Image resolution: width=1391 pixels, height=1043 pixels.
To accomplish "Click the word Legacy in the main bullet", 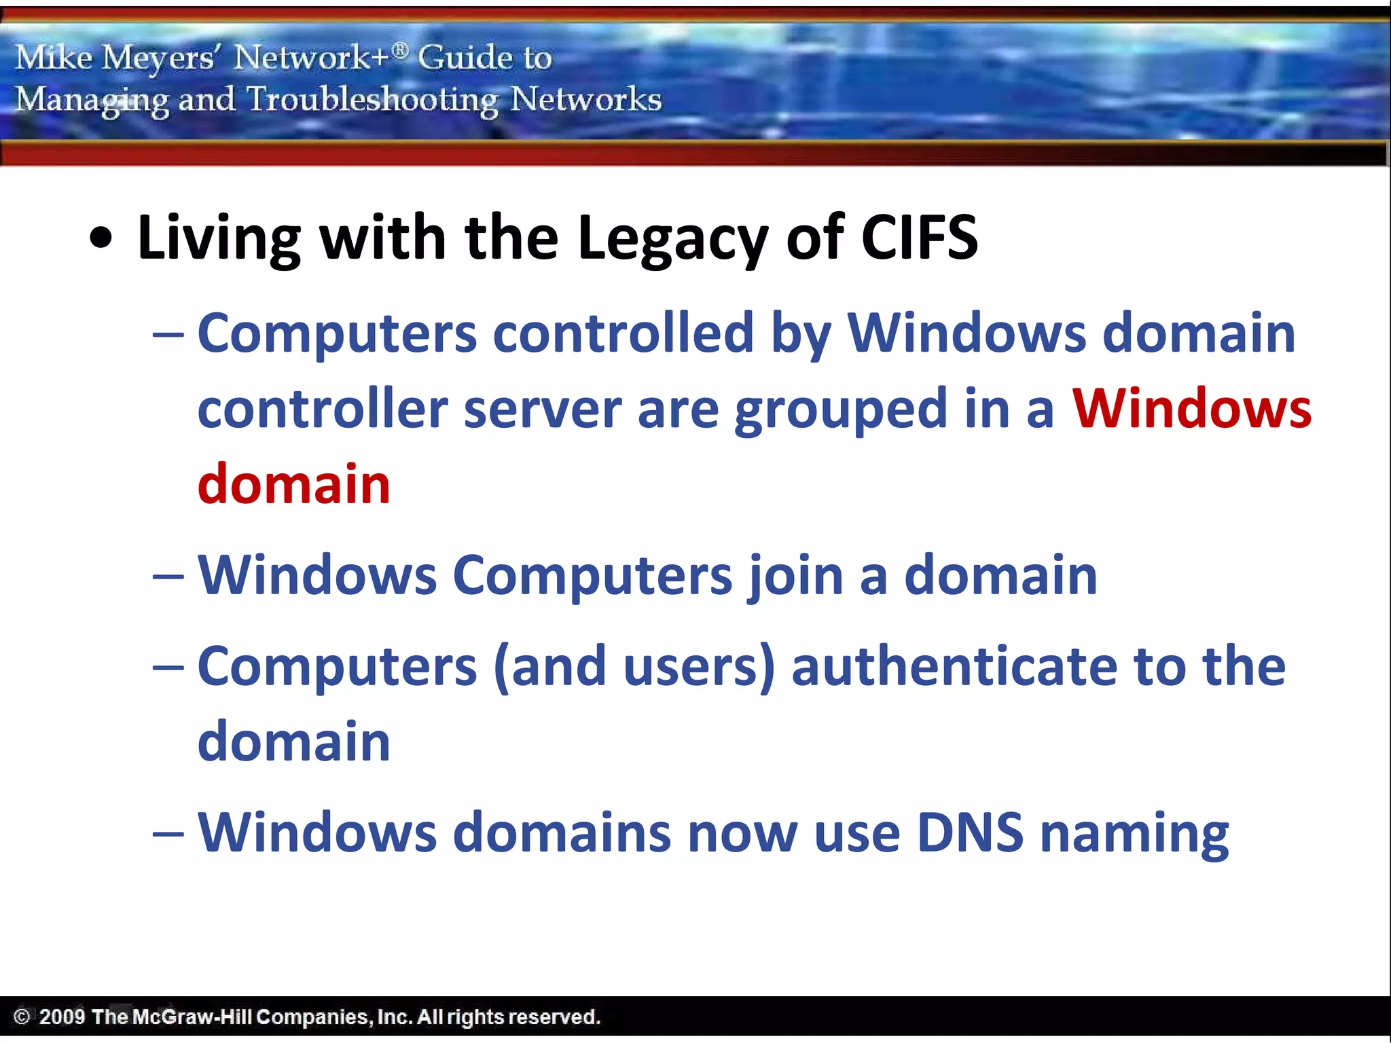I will pos(672,239).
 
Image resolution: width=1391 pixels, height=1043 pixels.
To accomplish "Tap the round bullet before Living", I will pos(101,238).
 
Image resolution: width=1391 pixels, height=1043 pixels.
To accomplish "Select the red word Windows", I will pos(1191,409).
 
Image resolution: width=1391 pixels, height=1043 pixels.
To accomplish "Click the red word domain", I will pos(293,484).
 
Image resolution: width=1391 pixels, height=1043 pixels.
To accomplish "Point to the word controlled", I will pos(623,333).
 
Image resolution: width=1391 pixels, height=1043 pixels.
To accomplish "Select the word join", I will pos(795,577).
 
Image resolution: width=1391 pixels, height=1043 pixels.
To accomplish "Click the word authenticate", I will pos(954,667).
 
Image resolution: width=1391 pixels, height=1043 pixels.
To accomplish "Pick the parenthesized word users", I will pos(696,667).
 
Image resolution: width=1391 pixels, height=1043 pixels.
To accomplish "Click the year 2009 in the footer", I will pos(62,1017).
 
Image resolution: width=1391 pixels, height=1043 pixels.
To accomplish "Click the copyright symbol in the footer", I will pos(22,1017).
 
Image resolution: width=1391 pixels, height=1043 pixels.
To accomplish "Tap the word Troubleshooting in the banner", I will pos(372,100).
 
